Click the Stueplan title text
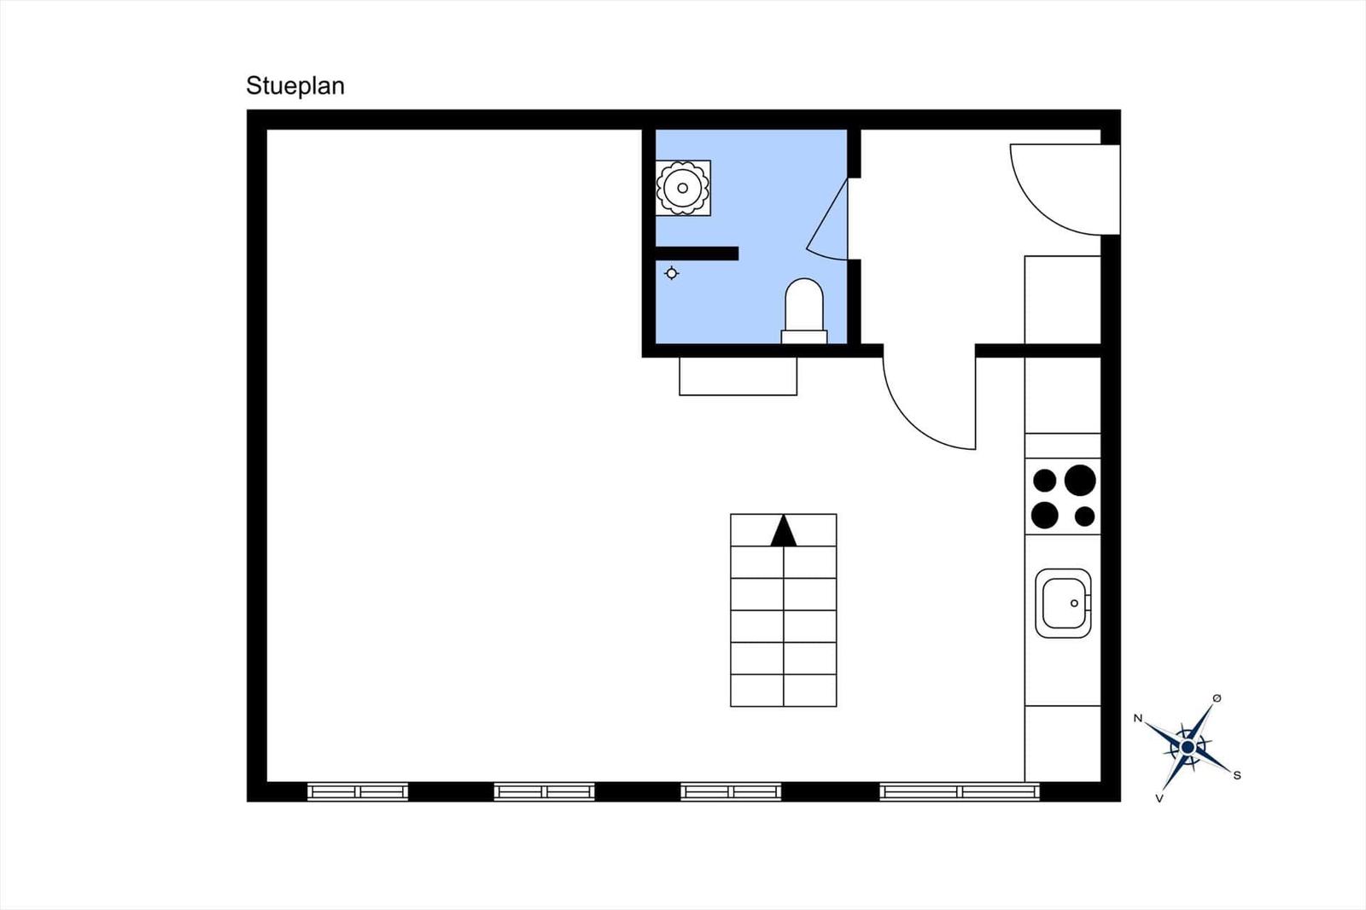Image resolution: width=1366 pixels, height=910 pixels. point(295,86)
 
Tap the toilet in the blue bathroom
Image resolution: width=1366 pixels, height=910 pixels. point(804,311)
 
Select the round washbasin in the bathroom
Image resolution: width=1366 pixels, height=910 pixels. point(683,188)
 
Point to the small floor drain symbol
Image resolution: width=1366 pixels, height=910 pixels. point(671,273)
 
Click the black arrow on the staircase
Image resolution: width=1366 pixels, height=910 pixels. point(784,531)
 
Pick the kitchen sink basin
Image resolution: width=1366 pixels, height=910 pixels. point(1064,604)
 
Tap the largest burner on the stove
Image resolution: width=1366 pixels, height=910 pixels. point(1080,480)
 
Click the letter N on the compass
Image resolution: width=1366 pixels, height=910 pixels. point(1138,719)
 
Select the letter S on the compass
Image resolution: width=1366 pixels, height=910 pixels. point(1237,776)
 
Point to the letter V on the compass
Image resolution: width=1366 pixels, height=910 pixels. point(1159,798)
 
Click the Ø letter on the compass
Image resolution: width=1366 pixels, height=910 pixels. point(1217,698)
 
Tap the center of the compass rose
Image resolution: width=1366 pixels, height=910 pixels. point(1188,747)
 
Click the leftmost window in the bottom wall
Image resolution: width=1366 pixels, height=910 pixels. point(358,791)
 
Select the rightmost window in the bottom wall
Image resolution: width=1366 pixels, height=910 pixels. point(960,791)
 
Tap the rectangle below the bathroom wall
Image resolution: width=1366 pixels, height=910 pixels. point(738,376)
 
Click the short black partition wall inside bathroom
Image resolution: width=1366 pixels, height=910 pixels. point(697,254)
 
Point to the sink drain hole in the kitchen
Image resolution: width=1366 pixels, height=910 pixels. point(1075,604)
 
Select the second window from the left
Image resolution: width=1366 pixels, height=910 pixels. point(544,791)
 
